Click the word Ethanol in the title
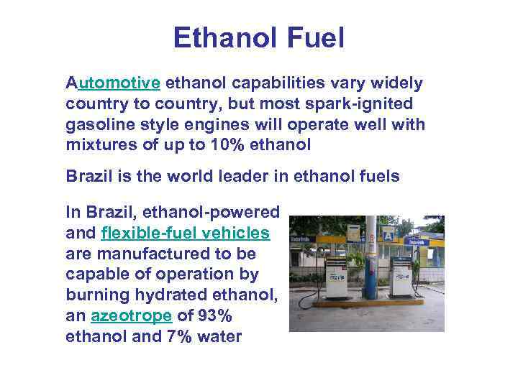click(x=222, y=38)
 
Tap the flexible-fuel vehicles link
click(x=186, y=234)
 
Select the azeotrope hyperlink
click(x=132, y=316)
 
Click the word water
click(x=223, y=337)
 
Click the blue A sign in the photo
click(x=388, y=234)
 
